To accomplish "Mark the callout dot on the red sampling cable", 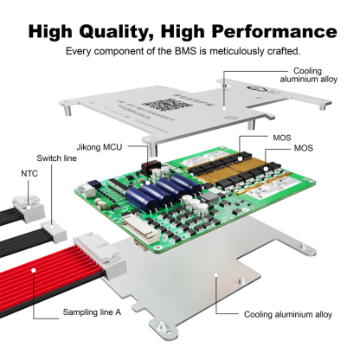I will [33, 271].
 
